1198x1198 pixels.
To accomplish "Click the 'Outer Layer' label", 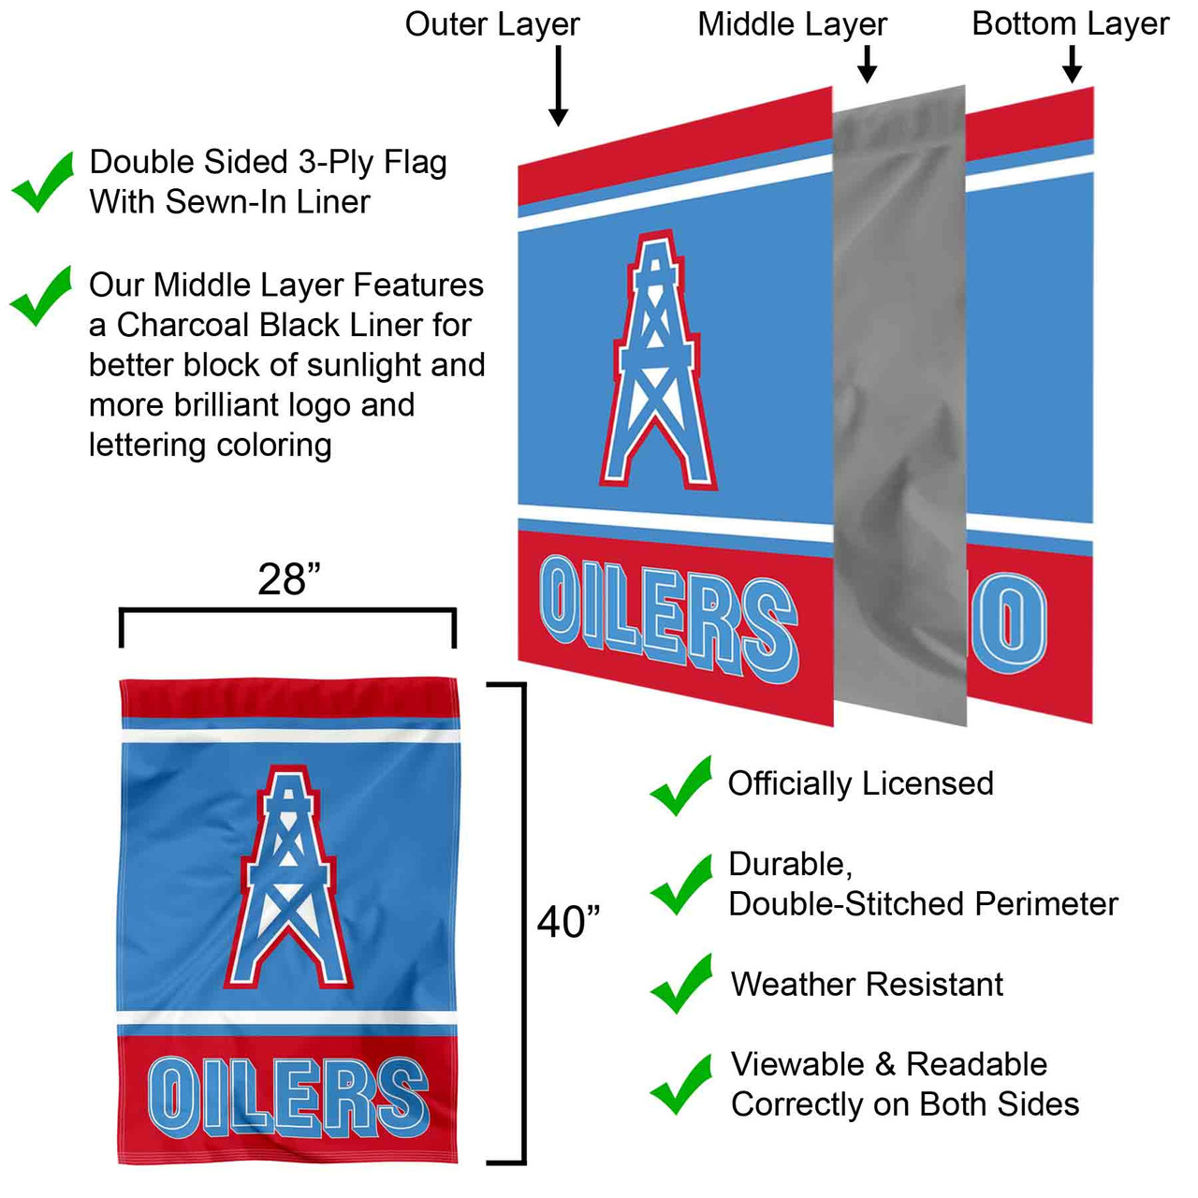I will point(492,24).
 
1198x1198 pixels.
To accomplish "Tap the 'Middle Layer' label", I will point(792,24).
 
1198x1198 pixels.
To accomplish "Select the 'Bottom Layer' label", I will point(1070,24).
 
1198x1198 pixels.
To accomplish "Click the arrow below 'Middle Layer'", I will point(868,64).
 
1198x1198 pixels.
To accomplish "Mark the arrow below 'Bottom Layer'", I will point(1073,64).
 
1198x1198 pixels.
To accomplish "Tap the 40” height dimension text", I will point(568,922).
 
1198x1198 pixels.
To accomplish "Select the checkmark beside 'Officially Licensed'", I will point(681,785).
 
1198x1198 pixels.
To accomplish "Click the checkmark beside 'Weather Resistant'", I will point(681,984).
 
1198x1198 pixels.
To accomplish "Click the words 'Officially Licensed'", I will point(860,783).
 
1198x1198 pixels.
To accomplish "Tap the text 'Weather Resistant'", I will point(867,984).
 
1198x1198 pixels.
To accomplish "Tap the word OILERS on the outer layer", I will point(668,618).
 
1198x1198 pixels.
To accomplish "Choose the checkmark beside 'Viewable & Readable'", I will point(681,1084).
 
